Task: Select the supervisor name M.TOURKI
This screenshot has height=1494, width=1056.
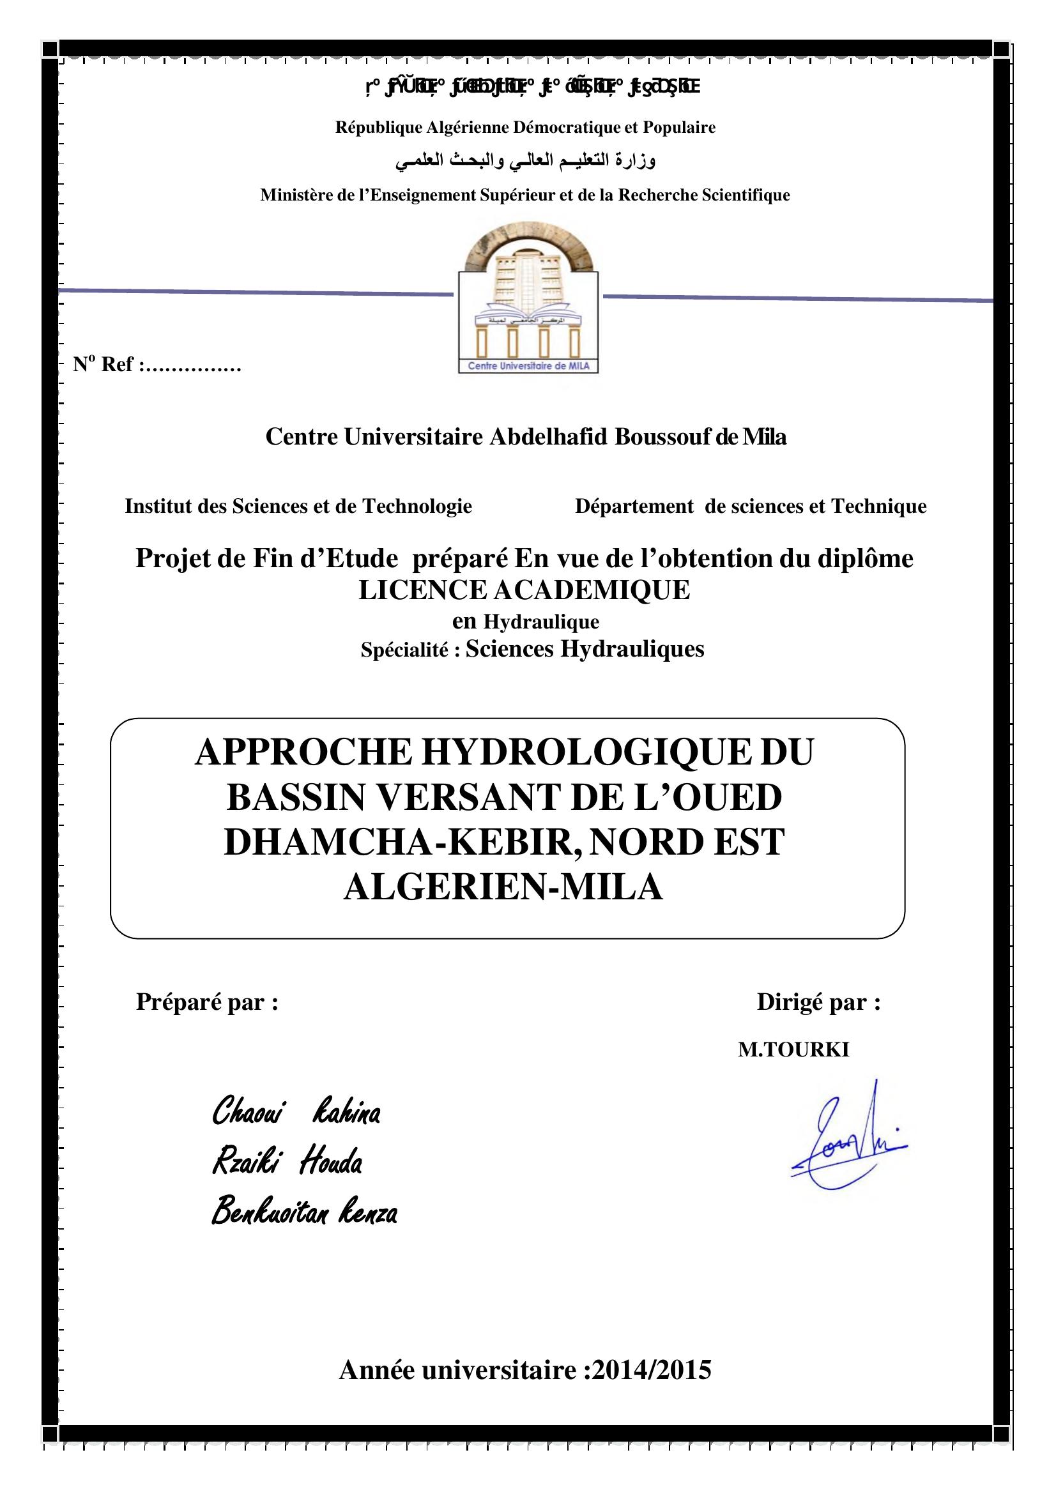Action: (x=793, y=1049)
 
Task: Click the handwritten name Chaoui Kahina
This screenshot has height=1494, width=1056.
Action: (x=296, y=1111)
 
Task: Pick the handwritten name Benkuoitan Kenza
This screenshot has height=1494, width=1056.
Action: (x=305, y=1212)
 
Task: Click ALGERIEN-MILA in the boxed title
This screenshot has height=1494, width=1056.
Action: (x=503, y=887)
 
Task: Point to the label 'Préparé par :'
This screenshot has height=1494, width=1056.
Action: (x=207, y=1002)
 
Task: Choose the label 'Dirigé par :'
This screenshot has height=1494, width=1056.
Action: (x=818, y=1002)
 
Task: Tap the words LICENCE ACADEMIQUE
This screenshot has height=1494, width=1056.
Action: (x=524, y=590)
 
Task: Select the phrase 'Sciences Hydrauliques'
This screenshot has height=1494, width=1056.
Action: (x=585, y=649)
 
